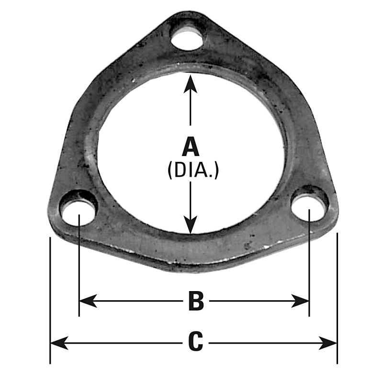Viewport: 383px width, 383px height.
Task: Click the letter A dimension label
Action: [191, 146]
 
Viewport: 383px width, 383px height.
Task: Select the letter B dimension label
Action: [196, 301]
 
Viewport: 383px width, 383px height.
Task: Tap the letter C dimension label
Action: [195, 342]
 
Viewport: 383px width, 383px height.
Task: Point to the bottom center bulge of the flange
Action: [191, 263]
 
